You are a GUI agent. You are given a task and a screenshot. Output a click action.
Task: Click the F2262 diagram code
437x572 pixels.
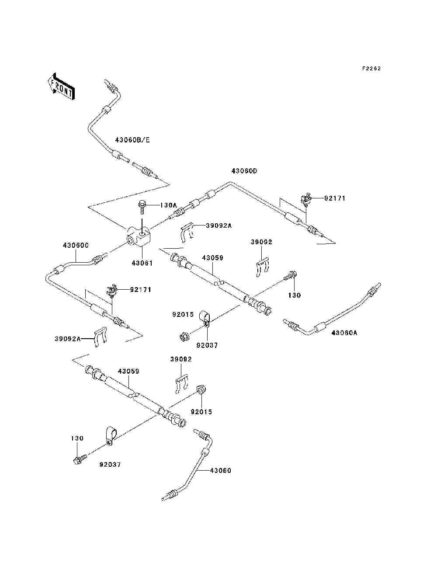371,69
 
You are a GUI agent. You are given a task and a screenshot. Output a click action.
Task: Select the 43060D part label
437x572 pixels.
244,171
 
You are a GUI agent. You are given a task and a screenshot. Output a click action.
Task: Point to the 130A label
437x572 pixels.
168,205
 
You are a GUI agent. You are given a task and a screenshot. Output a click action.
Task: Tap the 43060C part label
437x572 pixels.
76,246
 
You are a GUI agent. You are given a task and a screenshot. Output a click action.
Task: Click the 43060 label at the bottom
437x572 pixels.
221,470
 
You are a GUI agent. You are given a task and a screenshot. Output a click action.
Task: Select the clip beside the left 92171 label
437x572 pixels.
112,291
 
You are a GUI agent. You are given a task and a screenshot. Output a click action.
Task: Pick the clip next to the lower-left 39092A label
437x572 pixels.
101,337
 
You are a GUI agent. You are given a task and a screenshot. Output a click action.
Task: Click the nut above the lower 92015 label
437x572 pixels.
201,388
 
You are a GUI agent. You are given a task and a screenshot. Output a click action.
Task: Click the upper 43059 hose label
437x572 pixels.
213,258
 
